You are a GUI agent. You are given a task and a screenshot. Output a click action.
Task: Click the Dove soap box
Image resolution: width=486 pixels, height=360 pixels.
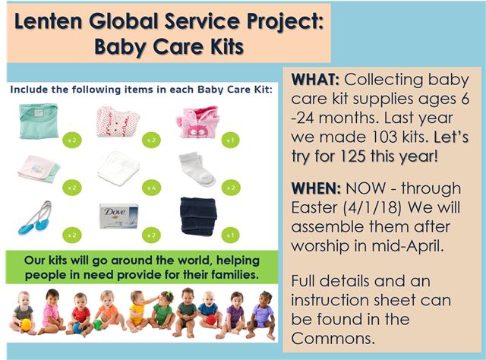tap(118, 216)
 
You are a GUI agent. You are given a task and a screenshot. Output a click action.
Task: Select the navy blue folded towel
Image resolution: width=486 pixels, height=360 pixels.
tap(198, 216)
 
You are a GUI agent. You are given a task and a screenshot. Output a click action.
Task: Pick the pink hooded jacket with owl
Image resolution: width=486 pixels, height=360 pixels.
tap(198, 122)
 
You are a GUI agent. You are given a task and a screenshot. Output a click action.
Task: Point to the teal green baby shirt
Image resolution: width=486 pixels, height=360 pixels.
tap(39, 121)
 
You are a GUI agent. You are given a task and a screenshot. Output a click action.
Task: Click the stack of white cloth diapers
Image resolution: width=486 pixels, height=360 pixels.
tap(118, 169)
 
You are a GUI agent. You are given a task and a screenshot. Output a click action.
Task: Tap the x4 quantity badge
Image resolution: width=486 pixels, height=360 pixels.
tap(152, 188)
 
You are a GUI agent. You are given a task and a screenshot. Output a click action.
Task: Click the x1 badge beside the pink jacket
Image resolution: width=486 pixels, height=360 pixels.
tap(230, 141)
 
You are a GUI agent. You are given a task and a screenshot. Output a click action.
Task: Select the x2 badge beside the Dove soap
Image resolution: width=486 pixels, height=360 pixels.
tap(151, 235)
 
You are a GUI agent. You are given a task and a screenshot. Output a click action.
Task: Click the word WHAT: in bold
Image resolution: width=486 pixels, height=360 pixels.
tap(315, 80)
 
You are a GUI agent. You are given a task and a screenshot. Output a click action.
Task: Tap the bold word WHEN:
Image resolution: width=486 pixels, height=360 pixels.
tap(316, 188)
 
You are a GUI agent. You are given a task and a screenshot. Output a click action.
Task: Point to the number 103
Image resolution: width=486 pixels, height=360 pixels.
tap(380, 137)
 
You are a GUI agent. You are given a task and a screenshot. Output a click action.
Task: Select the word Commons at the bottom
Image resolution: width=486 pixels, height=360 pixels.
tap(333, 339)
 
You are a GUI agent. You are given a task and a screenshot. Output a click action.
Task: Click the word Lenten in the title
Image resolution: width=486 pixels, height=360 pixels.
tap(48, 21)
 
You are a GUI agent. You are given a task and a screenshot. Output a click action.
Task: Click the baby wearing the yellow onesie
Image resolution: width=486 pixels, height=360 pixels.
tap(138, 311)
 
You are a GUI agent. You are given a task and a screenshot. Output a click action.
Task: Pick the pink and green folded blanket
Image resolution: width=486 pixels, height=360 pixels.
tap(39, 169)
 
